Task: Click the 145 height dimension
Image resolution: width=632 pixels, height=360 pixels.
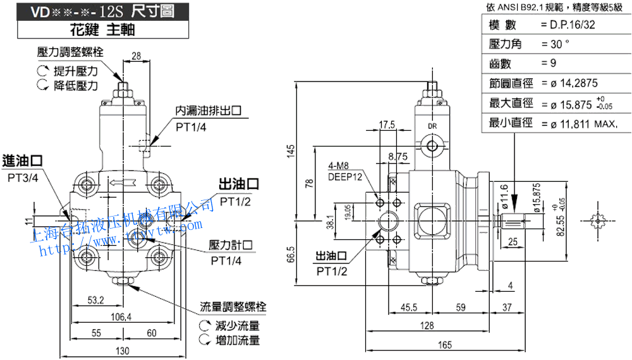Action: point(291,151)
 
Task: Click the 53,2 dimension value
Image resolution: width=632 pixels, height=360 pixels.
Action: point(97,299)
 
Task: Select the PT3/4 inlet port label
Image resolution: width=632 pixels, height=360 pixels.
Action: point(23,178)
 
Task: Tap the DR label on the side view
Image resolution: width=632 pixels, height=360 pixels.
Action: point(433,126)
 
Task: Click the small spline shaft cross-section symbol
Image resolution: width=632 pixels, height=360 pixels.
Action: point(597,222)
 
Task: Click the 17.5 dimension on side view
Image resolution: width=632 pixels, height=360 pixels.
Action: point(387,124)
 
